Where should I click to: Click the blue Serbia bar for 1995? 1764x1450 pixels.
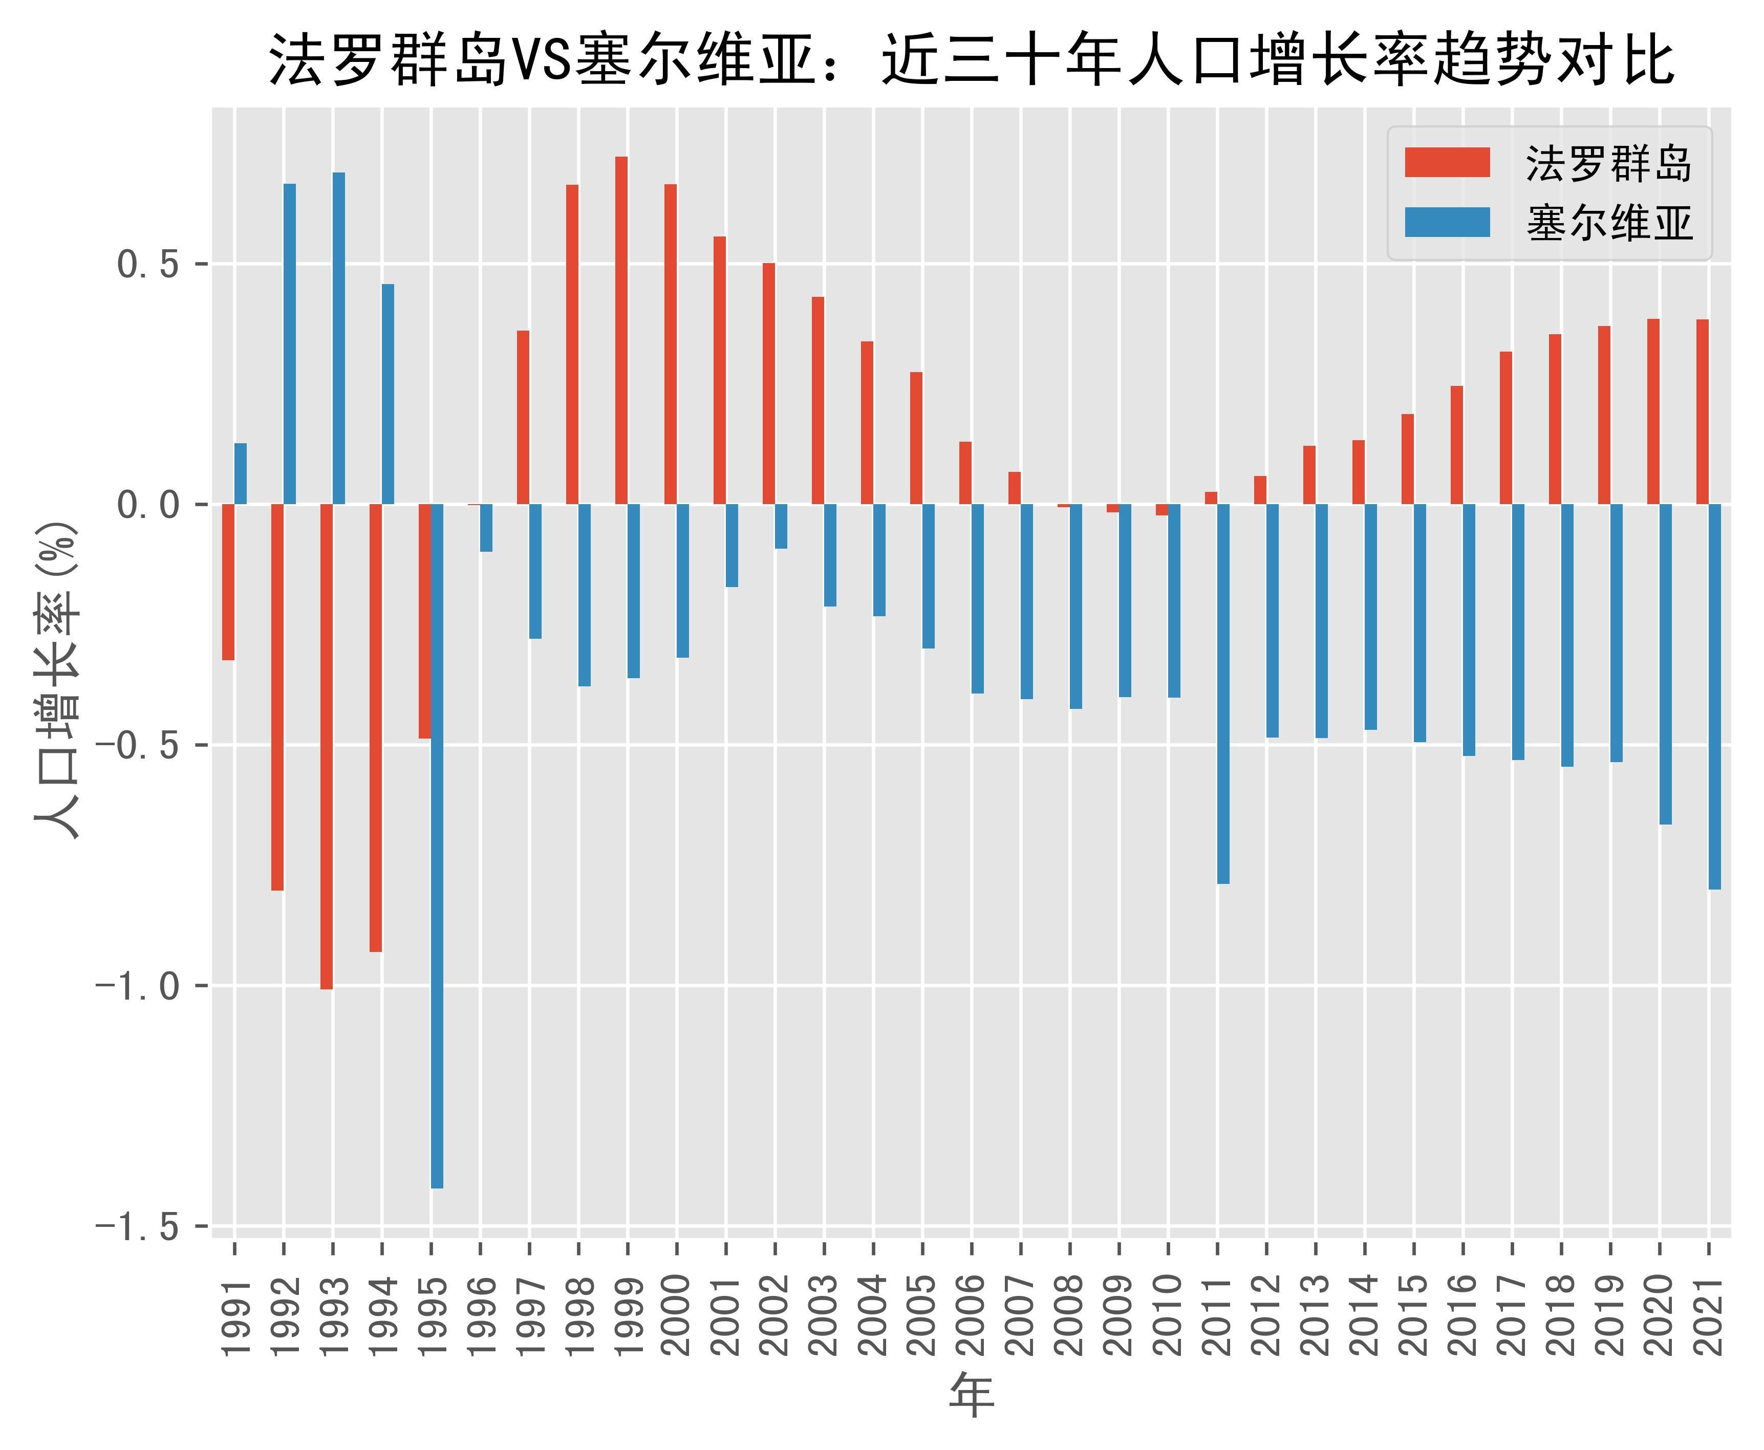coord(437,845)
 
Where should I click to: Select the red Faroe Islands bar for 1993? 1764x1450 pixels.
coord(327,746)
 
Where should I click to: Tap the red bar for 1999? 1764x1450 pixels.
coord(621,331)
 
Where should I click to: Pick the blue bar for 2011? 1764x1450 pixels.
coord(1223,693)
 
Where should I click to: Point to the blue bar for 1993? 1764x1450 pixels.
coord(339,338)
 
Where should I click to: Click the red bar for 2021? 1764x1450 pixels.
coord(1702,412)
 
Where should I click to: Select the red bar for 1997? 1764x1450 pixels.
coord(523,418)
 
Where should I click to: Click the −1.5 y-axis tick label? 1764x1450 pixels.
coord(138,1226)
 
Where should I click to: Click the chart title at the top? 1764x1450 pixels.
coord(971,60)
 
